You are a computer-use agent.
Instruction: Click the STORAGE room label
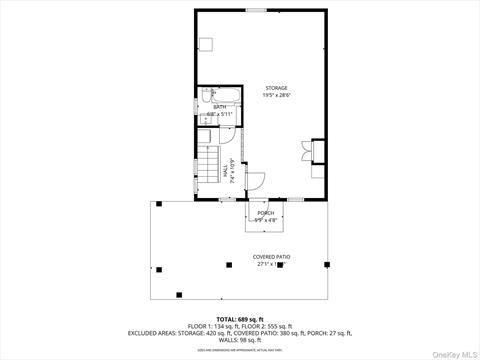(276, 88)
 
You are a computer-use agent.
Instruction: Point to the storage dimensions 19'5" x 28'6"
(276, 95)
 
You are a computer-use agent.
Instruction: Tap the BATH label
(219, 107)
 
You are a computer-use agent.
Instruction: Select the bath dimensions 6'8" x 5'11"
(219, 114)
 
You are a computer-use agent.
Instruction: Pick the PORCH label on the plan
(266, 212)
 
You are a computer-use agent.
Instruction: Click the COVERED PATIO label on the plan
(272, 257)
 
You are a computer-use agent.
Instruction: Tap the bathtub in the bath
(226, 95)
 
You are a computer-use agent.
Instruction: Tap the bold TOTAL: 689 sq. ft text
(240, 318)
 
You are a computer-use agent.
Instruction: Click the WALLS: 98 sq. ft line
(240, 339)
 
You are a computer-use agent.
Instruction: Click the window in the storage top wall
(256, 10)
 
